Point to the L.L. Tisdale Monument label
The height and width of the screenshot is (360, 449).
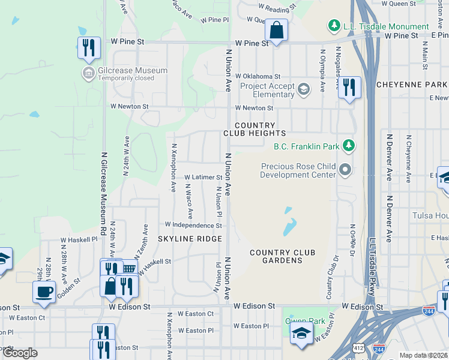[x=386, y=26]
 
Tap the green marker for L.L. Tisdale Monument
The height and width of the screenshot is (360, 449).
[x=333, y=26]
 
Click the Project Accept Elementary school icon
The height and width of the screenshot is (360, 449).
[x=304, y=90]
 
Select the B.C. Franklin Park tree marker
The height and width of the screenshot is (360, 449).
[x=348, y=145]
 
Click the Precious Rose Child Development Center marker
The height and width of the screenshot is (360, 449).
[x=345, y=170]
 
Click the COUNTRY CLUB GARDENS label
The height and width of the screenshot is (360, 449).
[x=276, y=256]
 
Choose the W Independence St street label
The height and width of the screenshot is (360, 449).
[x=193, y=226]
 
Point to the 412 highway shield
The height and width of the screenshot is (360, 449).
[x=358, y=347]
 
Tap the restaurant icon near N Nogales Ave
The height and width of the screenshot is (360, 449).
[x=349, y=88]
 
